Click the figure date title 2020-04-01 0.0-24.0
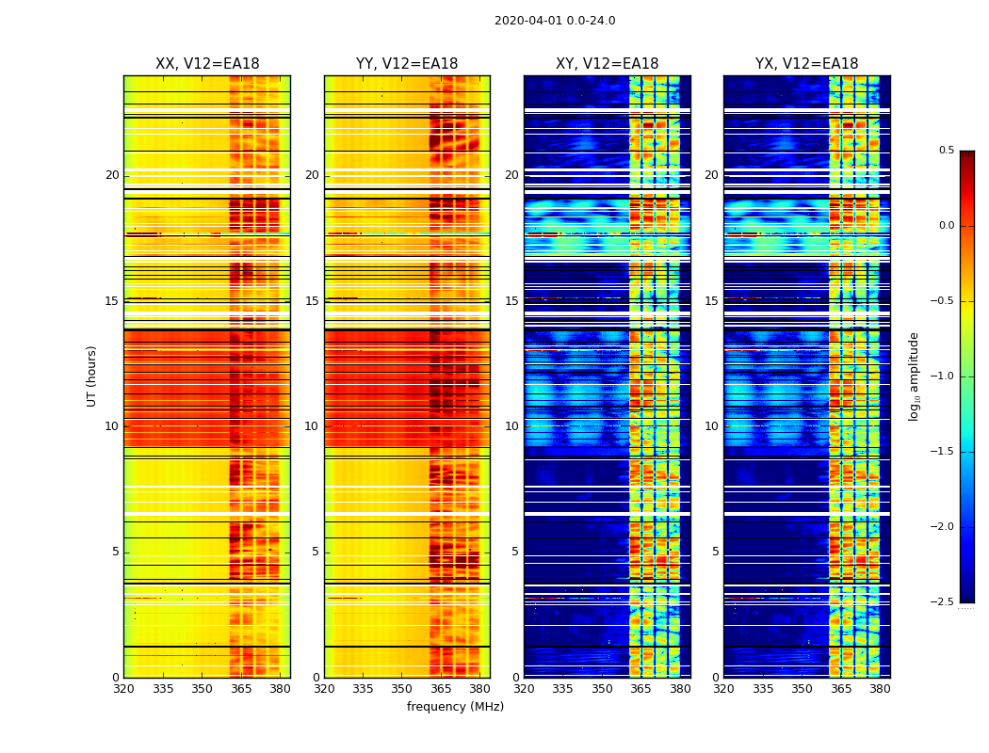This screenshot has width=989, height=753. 555,21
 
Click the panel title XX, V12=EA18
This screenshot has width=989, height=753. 207,64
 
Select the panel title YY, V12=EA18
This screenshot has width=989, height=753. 407,64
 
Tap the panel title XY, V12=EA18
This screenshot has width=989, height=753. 607,64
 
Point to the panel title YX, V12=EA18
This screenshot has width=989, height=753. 806,64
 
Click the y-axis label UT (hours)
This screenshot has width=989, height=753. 91,376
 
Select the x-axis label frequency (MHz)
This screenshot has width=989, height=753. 455,707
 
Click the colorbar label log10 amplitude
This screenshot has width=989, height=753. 914,376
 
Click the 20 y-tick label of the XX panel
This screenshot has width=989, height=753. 112,175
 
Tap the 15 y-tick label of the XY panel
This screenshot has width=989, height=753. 511,301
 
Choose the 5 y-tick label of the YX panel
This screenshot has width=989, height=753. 715,552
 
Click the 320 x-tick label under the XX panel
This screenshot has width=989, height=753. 123,689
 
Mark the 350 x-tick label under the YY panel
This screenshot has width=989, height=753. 402,689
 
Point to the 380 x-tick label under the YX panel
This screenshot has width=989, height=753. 880,689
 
